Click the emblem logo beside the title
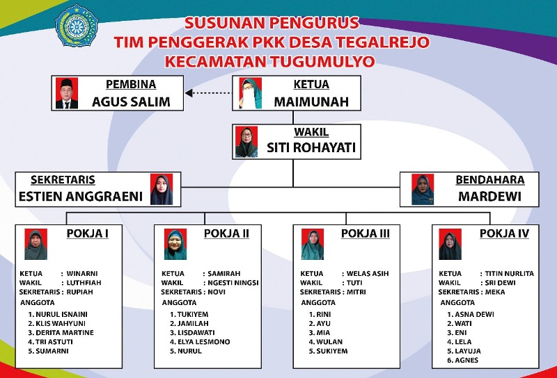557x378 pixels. [77, 26]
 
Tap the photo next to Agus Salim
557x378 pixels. [67, 93]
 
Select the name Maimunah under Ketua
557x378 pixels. [311, 102]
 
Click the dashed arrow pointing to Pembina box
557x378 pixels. [208, 93]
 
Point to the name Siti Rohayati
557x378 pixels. [311, 147]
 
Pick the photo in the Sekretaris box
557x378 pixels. [162, 190]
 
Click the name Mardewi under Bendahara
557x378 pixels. [490, 197]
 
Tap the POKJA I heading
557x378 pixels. [88, 233]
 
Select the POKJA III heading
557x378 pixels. [365, 233]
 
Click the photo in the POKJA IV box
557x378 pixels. [450, 245]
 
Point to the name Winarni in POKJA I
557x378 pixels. [82, 274]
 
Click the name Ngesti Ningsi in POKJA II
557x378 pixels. [233, 283]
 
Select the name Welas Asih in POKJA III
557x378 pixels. [368, 274]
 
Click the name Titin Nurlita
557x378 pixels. [510, 274]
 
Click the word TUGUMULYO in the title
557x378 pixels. [322, 62]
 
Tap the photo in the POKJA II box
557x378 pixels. [175, 245]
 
